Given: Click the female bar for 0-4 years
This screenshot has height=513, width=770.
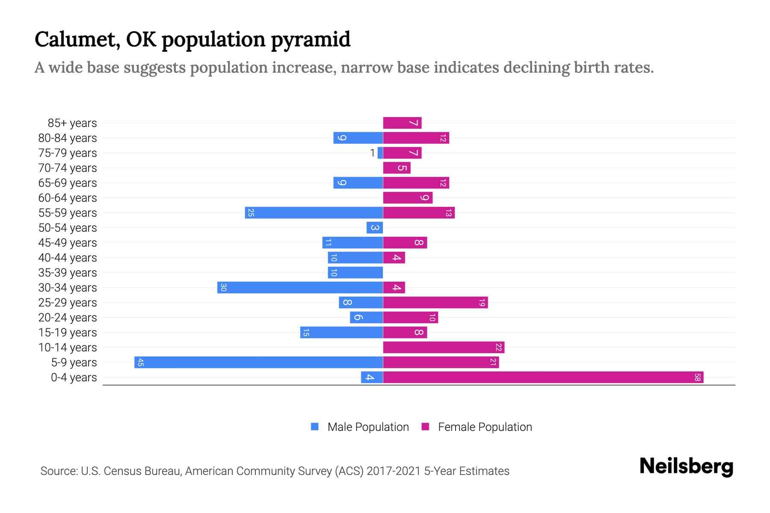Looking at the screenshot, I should (x=543, y=377).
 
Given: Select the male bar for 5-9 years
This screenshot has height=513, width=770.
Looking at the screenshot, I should (x=258, y=363).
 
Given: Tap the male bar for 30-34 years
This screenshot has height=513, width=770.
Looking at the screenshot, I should (x=300, y=288).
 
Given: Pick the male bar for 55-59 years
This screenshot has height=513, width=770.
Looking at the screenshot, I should (x=314, y=213).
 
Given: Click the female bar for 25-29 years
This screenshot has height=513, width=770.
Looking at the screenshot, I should (x=435, y=303).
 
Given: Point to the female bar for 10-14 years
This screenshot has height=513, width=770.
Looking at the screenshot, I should (x=444, y=348).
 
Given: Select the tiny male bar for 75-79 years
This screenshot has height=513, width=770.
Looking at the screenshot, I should (x=380, y=153).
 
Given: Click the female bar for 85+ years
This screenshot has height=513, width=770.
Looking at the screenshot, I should (x=402, y=123).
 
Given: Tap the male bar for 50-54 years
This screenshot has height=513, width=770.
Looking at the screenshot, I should (x=375, y=228).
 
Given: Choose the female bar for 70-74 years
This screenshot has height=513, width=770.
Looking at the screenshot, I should (x=397, y=168).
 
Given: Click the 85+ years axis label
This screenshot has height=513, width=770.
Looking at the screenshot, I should (x=72, y=123).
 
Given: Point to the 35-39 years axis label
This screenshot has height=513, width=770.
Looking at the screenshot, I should (x=68, y=273).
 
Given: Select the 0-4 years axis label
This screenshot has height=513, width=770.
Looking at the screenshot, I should (x=74, y=377).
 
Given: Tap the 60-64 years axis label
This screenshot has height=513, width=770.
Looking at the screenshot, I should (x=68, y=198).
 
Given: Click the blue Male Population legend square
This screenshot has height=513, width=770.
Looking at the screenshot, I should (x=315, y=427).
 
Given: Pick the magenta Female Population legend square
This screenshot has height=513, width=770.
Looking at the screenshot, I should (x=425, y=427).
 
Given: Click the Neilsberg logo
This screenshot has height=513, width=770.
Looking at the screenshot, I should (x=686, y=466).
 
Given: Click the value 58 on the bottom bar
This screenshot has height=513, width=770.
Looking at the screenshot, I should (x=697, y=377).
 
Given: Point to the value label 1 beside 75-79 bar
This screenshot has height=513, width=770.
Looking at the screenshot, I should (x=372, y=153).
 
